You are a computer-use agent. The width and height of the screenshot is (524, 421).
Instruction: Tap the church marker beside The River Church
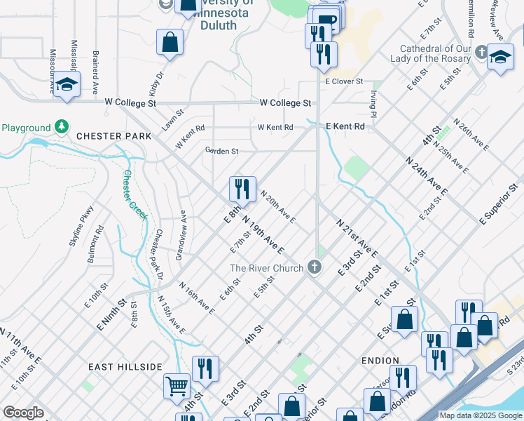pos(315,267)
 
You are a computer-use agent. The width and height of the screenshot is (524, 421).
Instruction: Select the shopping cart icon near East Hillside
pos(176,385)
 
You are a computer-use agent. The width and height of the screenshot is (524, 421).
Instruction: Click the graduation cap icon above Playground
pos(67,84)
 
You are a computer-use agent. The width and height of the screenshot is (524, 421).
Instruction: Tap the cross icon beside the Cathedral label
pos(481,53)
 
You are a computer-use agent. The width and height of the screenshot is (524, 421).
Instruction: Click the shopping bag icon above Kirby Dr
pos(170,42)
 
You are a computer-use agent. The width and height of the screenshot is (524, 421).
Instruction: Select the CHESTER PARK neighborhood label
pos(109,135)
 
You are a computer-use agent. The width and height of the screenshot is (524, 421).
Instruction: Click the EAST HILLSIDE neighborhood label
pos(125,367)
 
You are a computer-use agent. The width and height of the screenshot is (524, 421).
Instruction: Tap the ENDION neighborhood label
pos(380,360)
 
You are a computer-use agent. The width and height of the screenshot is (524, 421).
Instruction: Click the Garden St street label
pos(221,151)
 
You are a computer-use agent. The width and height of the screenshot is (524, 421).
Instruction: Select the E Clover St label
pos(344,81)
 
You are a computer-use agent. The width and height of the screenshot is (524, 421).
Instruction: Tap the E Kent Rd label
pos(345,126)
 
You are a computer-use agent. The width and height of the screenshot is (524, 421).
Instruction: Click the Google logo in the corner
pos(22,413)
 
